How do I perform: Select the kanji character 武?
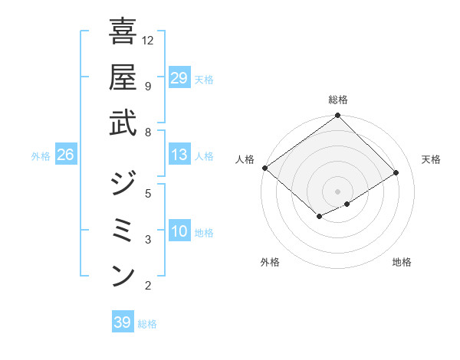coord(123,123)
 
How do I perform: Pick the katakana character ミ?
coord(123,230)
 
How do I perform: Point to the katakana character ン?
coord(123,276)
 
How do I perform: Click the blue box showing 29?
coord(179,77)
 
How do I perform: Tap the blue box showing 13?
coord(179,155)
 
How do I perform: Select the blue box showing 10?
coord(179,231)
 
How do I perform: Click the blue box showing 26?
coord(66,155)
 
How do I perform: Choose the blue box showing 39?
coord(123,322)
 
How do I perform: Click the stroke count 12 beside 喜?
coord(148,40)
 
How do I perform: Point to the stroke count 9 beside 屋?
coord(148,86)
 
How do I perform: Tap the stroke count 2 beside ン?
coord(148,286)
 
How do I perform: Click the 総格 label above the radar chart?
coord(337,100)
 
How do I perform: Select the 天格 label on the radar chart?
coord(432,159)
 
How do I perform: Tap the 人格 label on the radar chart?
coord(245,159)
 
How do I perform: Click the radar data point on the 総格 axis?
coord(337,116)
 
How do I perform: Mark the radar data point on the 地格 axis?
coord(347,204)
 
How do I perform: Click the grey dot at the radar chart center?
coord(337,191)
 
